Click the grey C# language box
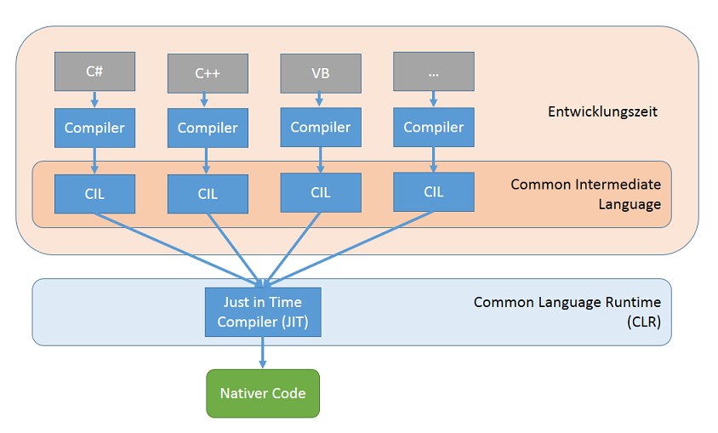coord(94,71)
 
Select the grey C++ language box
coord(208,74)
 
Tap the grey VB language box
coord(320,73)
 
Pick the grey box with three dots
coord(434,72)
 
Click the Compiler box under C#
coord(94,128)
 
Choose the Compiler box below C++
coord(208,128)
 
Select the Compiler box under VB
coord(320,127)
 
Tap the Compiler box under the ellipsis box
coord(434,127)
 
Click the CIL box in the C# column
coord(94,193)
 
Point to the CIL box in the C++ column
coord(208,194)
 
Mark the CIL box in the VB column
coord(320,192)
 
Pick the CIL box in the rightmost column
coord(434,191)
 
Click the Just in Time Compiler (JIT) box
coord(263,311)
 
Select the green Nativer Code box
coord(263,393)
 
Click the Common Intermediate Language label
coord(585,194)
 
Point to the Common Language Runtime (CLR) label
coord(567,311)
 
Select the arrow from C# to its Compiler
coord(94,99)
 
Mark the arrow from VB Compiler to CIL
coord(320,159)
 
